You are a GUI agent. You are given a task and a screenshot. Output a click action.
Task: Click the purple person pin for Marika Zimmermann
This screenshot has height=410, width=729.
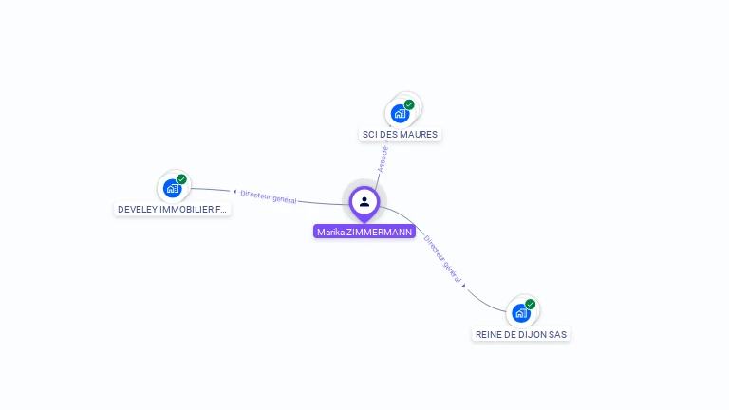[x=364, y=201]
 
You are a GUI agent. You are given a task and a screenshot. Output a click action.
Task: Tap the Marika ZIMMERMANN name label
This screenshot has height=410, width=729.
[x=364, y=232]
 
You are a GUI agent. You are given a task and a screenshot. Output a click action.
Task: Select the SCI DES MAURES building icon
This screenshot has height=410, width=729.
[x=401, y=113]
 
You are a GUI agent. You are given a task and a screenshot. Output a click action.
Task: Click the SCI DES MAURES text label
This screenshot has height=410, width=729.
[x=400, y=135]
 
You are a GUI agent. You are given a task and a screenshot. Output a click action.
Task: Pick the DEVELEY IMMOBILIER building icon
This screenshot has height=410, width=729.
[x=173, y=188]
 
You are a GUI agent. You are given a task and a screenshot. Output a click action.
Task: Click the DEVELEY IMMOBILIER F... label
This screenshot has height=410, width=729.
[x=172, y=209]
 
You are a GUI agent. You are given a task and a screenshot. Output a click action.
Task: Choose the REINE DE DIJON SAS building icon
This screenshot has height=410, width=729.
[x=521, y=312]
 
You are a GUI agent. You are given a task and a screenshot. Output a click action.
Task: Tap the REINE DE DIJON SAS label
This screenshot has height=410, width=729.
[x=521, y=334]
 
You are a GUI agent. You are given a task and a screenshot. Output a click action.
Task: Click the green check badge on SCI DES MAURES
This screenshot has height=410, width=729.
[x=409, y=104]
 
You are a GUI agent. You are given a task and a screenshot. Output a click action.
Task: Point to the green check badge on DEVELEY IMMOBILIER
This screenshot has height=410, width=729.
[x=181, y=179]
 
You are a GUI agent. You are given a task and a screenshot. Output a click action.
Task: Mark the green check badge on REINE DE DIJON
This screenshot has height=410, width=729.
[x=530, y=304]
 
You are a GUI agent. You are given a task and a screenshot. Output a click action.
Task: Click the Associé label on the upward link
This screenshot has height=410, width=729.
[x=383, y=158]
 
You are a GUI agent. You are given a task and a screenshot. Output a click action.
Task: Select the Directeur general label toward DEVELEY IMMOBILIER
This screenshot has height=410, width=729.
[x=269, y=196]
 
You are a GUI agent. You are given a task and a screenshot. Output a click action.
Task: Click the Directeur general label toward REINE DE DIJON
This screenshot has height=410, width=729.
[x=443, y=259]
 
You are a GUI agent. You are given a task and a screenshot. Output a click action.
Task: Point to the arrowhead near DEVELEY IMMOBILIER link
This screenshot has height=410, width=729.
[x=234, y=191]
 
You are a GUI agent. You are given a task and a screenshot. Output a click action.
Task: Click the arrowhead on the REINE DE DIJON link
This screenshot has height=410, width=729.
[x=465, y=285]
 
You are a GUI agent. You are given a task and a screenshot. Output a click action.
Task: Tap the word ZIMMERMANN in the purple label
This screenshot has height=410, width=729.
[x=380, y=232]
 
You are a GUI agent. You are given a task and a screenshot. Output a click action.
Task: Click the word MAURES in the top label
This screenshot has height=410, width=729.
[x=419, y=135]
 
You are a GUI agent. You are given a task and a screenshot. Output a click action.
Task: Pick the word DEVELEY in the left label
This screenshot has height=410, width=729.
[x=137, y=209]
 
